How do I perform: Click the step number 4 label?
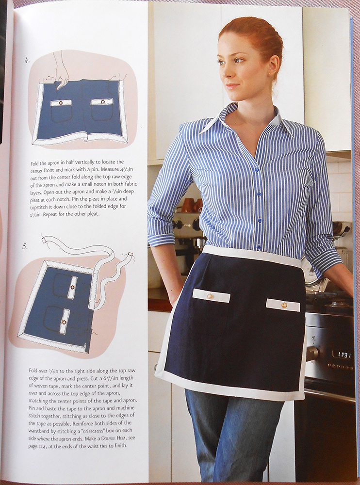click(27, 60)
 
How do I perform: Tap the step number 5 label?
click(25, 246)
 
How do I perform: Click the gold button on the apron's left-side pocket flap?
click(210, 296)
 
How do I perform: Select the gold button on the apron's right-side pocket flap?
click(284, 305)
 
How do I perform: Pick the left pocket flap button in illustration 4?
click(61, 103)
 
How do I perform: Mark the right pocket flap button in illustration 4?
click(103, 102)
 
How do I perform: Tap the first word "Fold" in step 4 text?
click(34, 163)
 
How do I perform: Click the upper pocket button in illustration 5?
click(72, 287)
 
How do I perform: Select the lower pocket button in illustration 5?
click(64, 322)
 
